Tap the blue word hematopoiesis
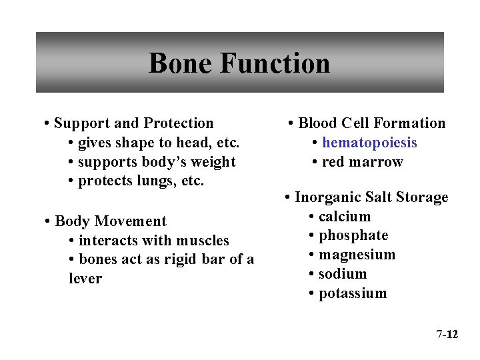click(369, 143)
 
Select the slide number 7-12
click(447, 334)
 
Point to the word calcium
click(345, 217)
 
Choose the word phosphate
click(353, 236)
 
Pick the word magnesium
click(357, 255)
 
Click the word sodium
click(343, 274)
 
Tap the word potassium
click(353, 293)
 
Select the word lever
click(85, 279)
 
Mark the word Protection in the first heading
click(179, 123)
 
